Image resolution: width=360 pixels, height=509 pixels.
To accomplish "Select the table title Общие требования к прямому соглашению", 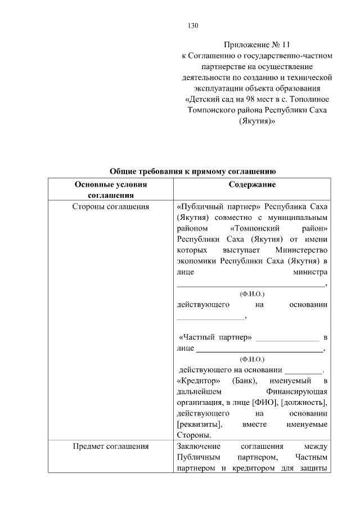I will [192, 172].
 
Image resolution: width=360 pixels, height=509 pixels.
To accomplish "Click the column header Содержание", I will [252, 184].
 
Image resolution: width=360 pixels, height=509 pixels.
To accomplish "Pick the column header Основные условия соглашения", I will [110, 190].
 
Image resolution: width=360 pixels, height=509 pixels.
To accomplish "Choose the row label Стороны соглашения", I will [110, 206].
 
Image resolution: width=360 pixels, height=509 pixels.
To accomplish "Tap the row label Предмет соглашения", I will [110, 447].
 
